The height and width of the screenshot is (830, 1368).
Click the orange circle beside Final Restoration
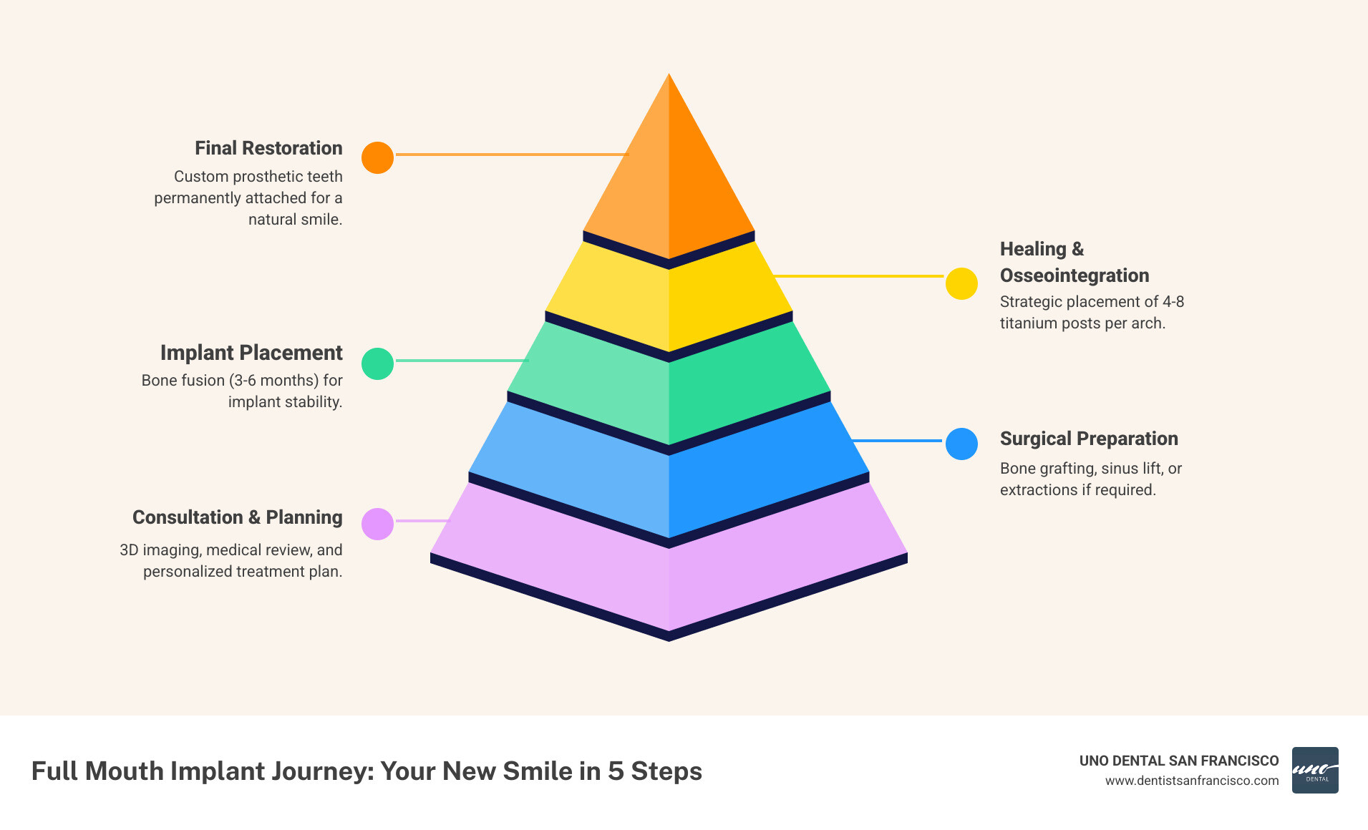pyautogui.click(x=377, y=157)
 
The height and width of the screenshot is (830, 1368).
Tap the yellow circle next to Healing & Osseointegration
pyautogui.click(x=961, y=284)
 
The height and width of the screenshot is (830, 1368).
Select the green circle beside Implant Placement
pyautogui.click(x=377, y=363)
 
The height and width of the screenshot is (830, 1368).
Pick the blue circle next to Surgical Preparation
pyautogui.click(x=961, y=444)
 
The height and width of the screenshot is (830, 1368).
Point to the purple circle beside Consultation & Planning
pyautogui.click(x=377, y=524)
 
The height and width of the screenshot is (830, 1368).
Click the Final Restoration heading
pyautogui.click(x=268, y=148)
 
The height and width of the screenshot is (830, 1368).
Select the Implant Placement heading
pyautogui.click(x=251, y=353)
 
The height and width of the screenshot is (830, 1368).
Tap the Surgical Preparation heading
pyautogui.click(x=1089, y=439)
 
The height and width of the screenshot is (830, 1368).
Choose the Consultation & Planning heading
pyautogui.click(x=238, y=517)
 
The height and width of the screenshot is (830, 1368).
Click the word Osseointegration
pyautogui.click(x=1074, y=275)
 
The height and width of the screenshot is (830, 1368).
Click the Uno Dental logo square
pyautogui.click(x=1315, y=771)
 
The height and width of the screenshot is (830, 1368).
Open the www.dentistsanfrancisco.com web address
pyautogui.click(x=1192, y=781)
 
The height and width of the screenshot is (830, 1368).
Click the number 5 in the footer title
pyautogui.click(x=616, y=771)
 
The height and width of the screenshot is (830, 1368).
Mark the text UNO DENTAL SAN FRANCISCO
pyautogui.click(x=1179, y=761)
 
